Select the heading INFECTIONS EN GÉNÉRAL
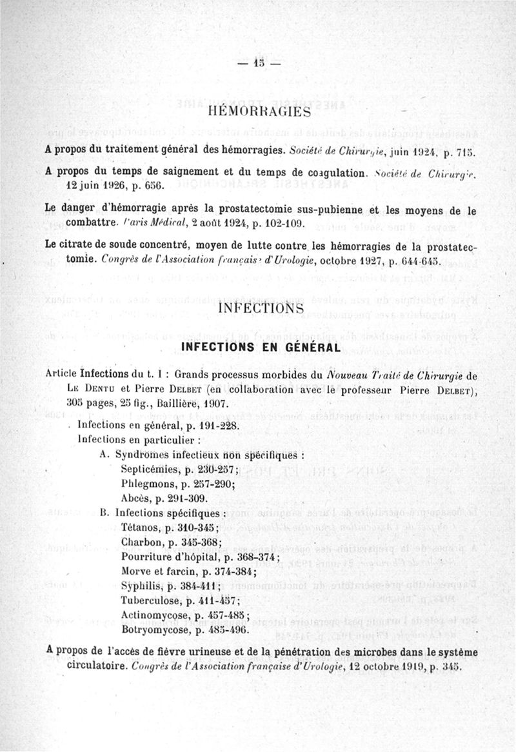click(260, 348)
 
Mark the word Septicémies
click(148, 469)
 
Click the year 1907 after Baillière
click(208, 404)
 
